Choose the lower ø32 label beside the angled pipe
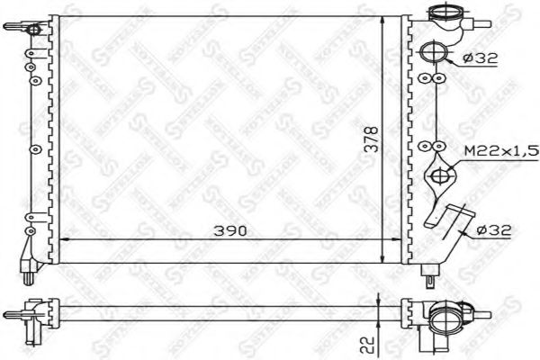point(495,230)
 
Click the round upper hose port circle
point(434,51)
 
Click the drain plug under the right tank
point(435,267)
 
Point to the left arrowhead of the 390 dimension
point(63,240)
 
